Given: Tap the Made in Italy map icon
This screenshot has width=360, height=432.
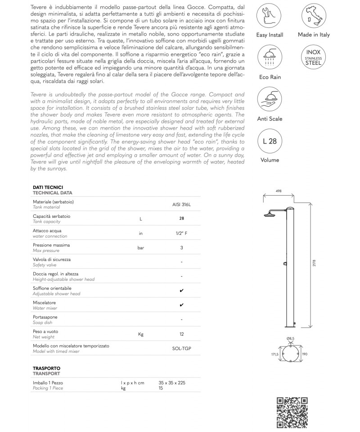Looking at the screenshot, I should [x=314, y=15].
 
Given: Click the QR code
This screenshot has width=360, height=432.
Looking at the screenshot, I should [x=292, y=412].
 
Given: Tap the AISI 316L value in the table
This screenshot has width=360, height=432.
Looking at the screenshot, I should [x=181, y=204].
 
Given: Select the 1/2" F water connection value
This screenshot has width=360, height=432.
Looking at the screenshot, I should [x=181, y=233].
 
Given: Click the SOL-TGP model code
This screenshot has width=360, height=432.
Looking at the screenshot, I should [x=181, y=348].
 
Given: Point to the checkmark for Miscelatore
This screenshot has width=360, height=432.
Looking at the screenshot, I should [x=181, y=305].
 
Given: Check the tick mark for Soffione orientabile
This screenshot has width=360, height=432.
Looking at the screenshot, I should [x=181, y=291].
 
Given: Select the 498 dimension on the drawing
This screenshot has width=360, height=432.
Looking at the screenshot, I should [x=279, y=191].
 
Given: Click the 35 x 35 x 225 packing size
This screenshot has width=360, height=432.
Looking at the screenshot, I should [x=172, y=382].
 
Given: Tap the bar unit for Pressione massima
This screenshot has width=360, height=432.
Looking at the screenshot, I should [x=141, y=247].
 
